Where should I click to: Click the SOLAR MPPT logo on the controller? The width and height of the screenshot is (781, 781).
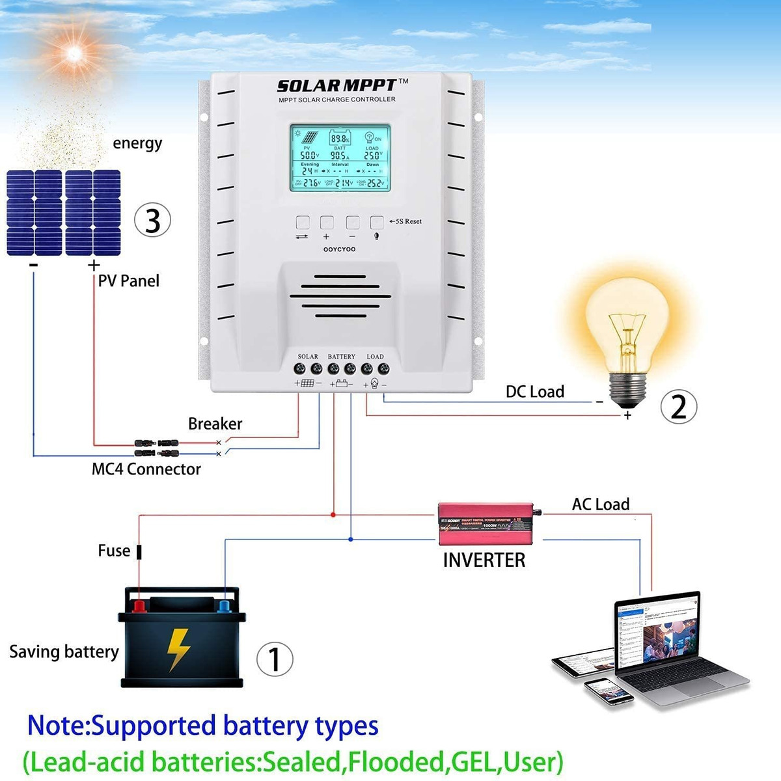(337, 86)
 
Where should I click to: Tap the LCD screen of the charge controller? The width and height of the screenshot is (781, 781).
(340, 158)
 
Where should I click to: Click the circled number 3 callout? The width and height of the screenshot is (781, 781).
(152, 220)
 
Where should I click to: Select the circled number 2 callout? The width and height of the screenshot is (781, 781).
(678, 407)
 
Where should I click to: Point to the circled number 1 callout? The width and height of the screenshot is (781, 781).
(275, 659)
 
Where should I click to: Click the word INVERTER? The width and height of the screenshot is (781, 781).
(484, 560)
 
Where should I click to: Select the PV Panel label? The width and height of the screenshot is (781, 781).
(128, 281)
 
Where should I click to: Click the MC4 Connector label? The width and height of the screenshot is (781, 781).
(146, 469)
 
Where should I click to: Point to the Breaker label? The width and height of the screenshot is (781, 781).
(215, 424)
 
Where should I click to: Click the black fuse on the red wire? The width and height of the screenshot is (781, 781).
(139, 552)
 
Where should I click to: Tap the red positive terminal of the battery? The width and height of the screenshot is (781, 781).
(139, 607)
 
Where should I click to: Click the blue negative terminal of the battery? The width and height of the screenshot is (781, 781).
(225, 607)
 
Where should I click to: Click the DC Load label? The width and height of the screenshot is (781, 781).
(535, 392)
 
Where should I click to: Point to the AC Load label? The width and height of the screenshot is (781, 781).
(600, 504)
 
